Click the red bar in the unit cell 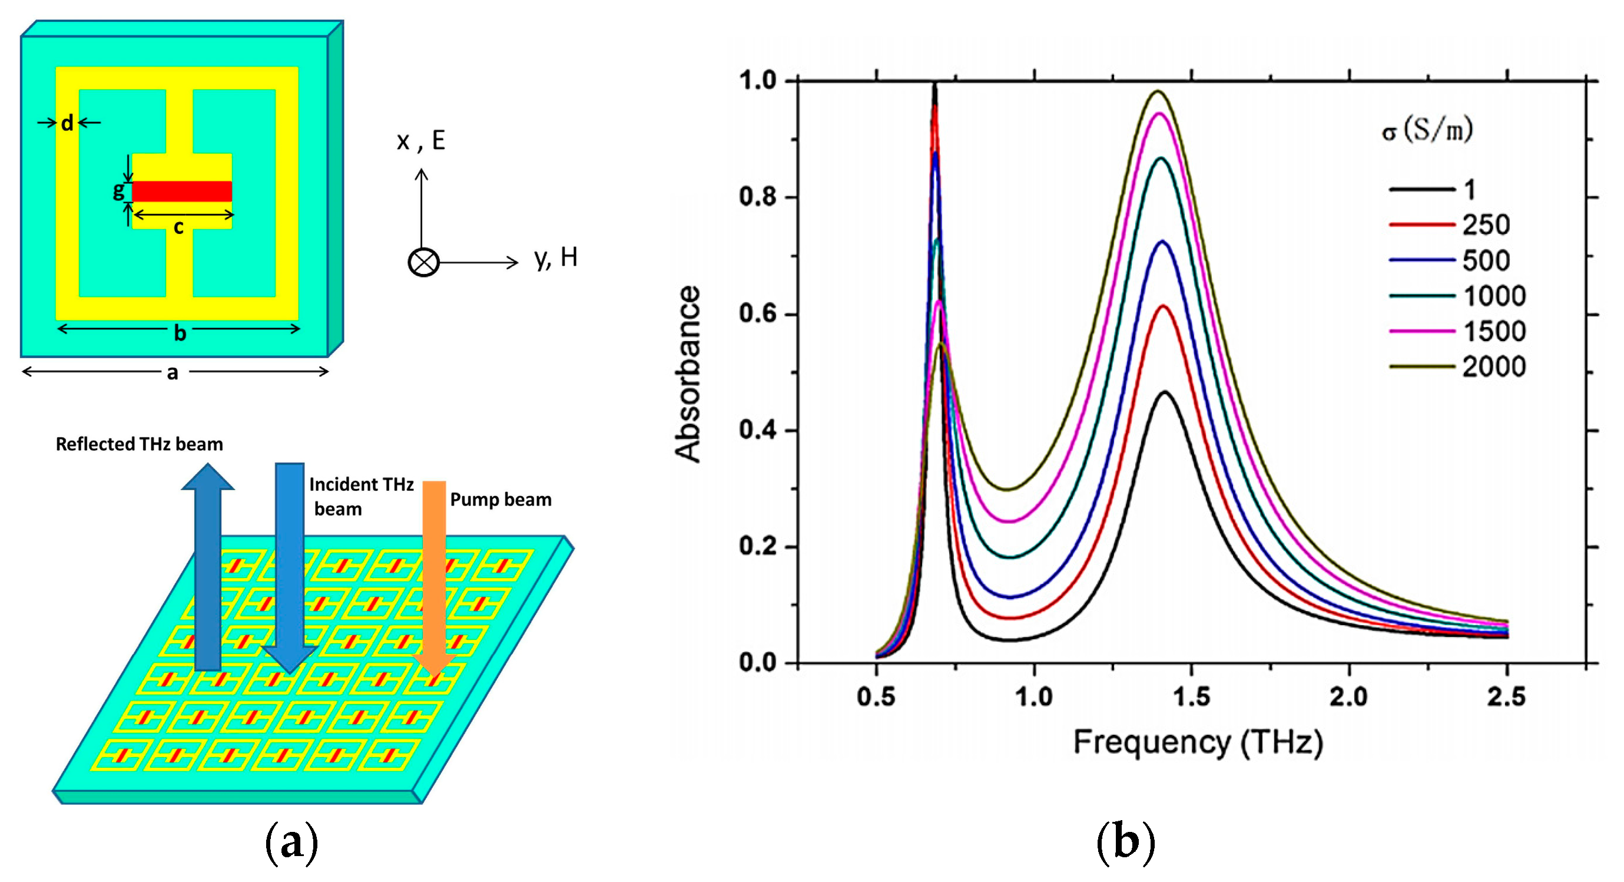tap(182, 191)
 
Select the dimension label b tap(180, 332)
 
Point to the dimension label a tap(172, 373)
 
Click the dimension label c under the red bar tap(179, 227)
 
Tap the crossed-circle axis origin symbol tap(423, 262)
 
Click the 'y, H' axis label tap(555, 257)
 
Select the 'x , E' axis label tap(421, 140)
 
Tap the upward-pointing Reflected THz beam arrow tap(208, 568)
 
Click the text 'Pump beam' tap(501, 500)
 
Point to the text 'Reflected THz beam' tap(140, 444)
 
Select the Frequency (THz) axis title tap(1198, 742)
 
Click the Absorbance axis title tap(688, 374)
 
